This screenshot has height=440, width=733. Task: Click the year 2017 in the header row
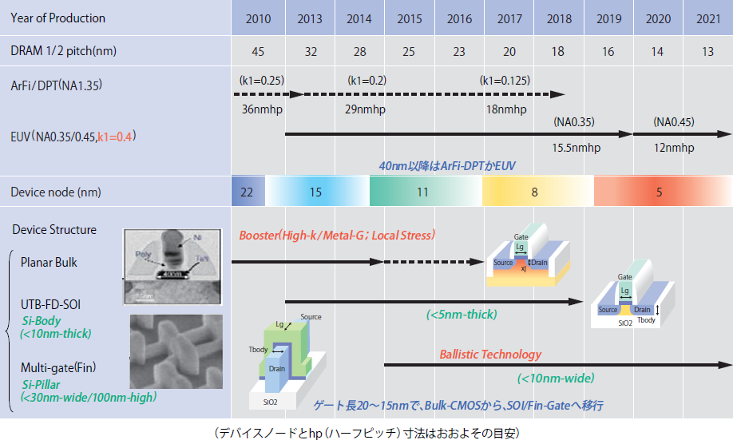(509, 18)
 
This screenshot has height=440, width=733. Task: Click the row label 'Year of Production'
(58, 18)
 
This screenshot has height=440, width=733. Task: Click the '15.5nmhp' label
(576, 149)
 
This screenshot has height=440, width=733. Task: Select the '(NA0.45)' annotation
(674, 122)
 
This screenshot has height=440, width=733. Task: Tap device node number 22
(247, 192)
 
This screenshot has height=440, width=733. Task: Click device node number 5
(659, 192)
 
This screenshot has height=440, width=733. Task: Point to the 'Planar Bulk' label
(50, 261)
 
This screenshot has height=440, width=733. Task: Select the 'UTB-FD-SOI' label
(50, 304)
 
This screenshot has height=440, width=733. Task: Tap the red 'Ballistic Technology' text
(489, 354)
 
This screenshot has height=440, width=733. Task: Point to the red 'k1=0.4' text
(116, 137)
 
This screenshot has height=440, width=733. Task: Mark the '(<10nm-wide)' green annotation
(555, 378)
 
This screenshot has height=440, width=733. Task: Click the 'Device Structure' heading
(54, 230)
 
